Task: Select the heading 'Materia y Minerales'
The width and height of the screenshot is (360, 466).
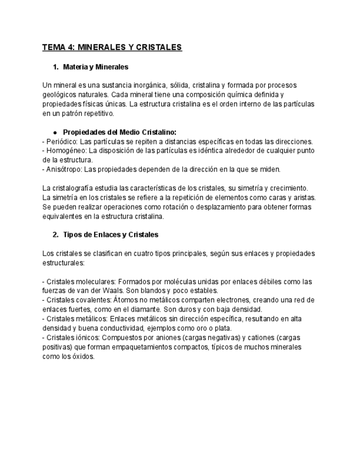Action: pos(96,67)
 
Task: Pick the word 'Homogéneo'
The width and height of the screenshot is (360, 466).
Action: pos(66,151)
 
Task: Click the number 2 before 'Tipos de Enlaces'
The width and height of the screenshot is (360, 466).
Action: pos(55,235)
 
